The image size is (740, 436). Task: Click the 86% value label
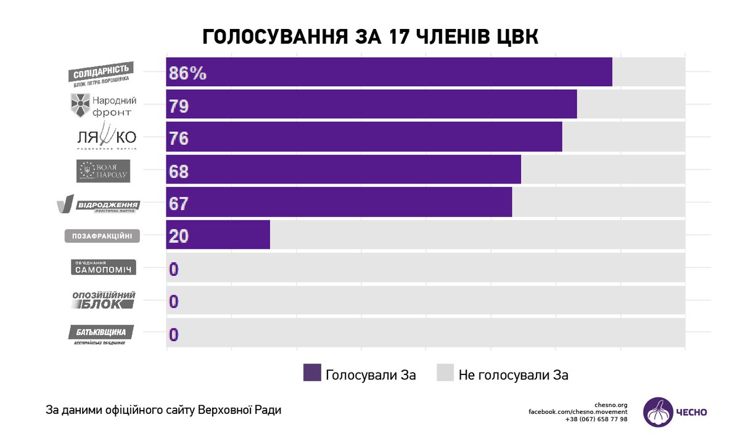tap(187, 73)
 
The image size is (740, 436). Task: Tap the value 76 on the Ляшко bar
tap(179, 138)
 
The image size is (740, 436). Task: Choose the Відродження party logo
tap(99, 204)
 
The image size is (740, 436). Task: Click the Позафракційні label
tap(102, 236)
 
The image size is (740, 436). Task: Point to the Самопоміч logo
tap(102, 267)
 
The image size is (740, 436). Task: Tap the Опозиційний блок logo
tap(104, 301)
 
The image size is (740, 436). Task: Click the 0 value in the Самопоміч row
tap(174, 269)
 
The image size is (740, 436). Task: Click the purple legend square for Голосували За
tap(312, 373)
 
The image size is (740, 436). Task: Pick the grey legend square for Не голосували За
tap(445, 373)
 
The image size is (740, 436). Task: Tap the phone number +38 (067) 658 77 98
tap(596, 419)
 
